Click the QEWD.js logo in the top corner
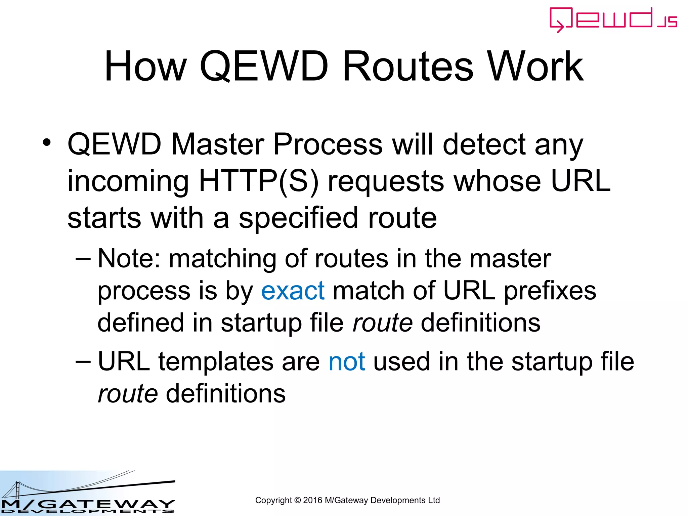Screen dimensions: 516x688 point(613,19)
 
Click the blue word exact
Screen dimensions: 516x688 point(293,291)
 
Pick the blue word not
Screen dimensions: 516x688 point(346,362)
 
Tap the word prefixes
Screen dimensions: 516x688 point(550,291)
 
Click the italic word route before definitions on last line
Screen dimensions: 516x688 point(128,394)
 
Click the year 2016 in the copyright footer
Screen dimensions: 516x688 point(312,500)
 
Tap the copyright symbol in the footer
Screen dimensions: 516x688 point(297,500)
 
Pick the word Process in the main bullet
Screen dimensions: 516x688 point(328,144)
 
